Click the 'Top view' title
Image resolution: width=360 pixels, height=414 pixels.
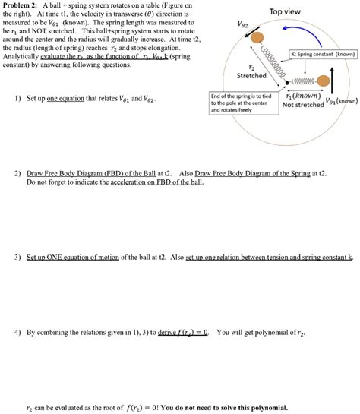click(x=286, y=11)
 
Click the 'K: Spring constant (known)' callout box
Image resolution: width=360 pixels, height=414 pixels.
click(x=322, y=55)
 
